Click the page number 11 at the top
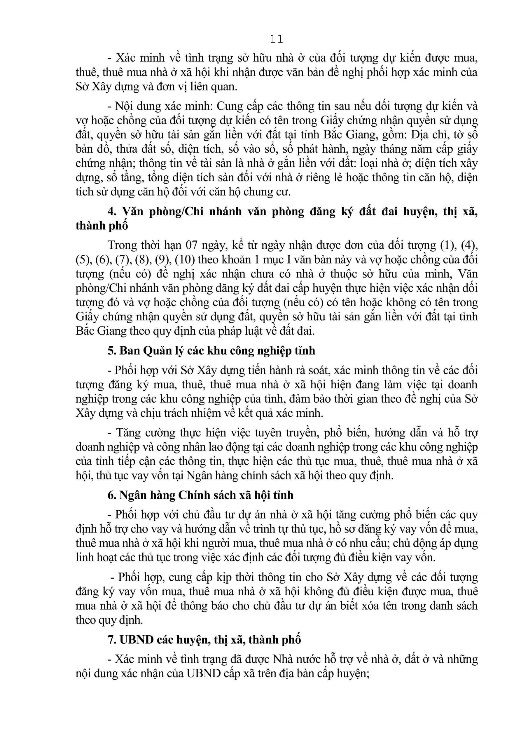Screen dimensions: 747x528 pos(277,39)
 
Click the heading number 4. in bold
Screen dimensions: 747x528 pos(112,212)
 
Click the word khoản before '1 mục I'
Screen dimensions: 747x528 pos(233,259)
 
